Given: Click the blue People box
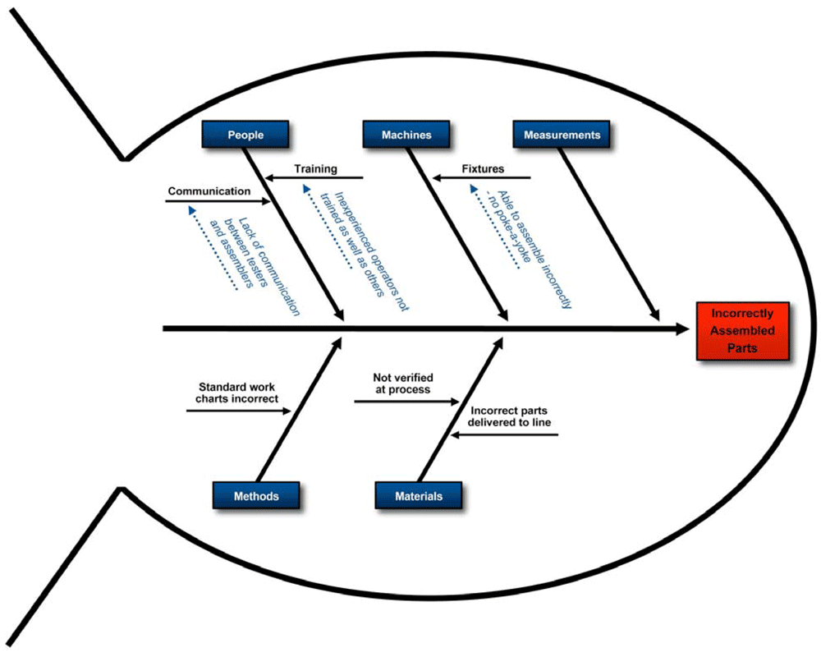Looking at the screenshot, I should (x=245, y=135).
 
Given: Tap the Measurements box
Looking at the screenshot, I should (x=562, y=135).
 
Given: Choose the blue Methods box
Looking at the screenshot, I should (x=255, y=496).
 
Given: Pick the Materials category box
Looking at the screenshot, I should (x=419, y=496).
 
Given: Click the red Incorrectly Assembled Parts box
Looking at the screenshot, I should (x=742, y=331).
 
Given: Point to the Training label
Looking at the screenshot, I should (x=316, y=168).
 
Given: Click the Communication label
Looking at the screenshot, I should (x=209, y=191).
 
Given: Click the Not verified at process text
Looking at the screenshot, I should (x=402, y=384).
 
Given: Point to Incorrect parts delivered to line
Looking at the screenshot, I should (x=509, y=416).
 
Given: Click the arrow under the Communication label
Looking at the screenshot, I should (x=217, y=201).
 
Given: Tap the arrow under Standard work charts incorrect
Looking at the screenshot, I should (x=238, y=409).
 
